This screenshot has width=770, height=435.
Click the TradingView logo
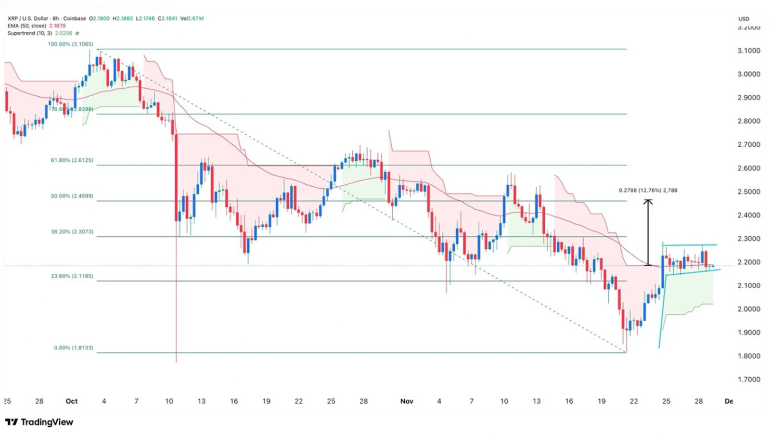pyautogui.click(x=39, y=422)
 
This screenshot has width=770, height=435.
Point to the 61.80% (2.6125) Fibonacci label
pyautogui.click(x=72, y=160)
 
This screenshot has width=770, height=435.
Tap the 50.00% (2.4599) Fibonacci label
pyautogui.click(x=72, y=196)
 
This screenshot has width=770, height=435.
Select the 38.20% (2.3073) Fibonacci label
pyautogui.click(x=72, y=231)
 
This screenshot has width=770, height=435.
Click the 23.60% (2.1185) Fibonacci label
pyautogui.click(x=72, y=276)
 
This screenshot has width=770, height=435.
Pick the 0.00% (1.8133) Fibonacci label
pyautogui.click(x=74, y=347)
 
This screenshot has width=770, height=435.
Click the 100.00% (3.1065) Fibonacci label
pyautogui.click(x=71, y=44)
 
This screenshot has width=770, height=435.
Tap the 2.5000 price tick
pyautogui.click(x=749, y=192)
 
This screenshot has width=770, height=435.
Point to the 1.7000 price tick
pyautogui.click(x=749, y=380)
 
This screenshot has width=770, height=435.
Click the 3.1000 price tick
pyautogui.click(x=749, y=51)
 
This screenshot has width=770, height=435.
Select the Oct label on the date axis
pyautogui.click(x=72, y=401)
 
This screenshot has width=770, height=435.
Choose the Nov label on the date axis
pyautogui.click(x=407, y=401)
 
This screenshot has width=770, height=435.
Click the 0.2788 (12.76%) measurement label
pyautogui.click(x=648, y=190)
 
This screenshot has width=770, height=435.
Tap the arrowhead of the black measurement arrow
pyautogui.click(x=648, y=202)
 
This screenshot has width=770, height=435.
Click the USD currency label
pyautogui.click(x=744, y=19)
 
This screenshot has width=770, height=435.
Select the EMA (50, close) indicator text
pyautogui.click(x=27, y=26)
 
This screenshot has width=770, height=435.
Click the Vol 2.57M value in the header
pyautogui.click(x=192, y=18)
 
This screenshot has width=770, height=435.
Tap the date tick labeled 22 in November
pyautogui.click(x=634, y=401)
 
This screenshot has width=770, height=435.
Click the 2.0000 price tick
pyautogui.click(x=749, y=309)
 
